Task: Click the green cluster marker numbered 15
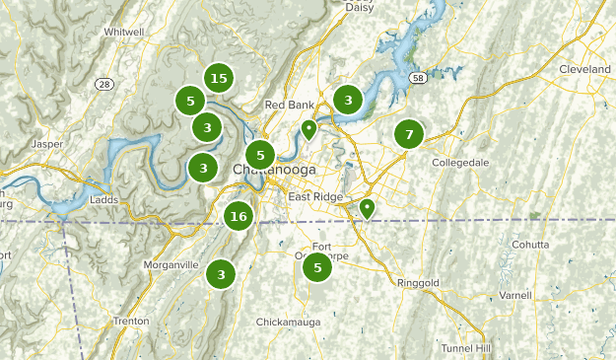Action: point(219,78)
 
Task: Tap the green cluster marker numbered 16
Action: point(238,216)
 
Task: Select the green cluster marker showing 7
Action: point(409,134)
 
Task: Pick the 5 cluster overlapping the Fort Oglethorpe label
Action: point(316,266)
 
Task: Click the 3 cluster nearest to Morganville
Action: point(222,274)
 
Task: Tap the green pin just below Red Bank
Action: point(308,129)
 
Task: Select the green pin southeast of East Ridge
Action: point(367,208)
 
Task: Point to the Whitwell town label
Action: point(123,32)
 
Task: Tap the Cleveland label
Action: point(584,71)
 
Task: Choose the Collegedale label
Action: point(460,162)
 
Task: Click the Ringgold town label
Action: point(418,283)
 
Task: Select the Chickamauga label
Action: point(289,323)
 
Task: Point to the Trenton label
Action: point(131,321)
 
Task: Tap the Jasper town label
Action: point(46,144)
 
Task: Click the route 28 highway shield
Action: point(104,84)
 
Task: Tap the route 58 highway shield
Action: point(418,77)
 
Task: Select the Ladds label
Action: point(103,199)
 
